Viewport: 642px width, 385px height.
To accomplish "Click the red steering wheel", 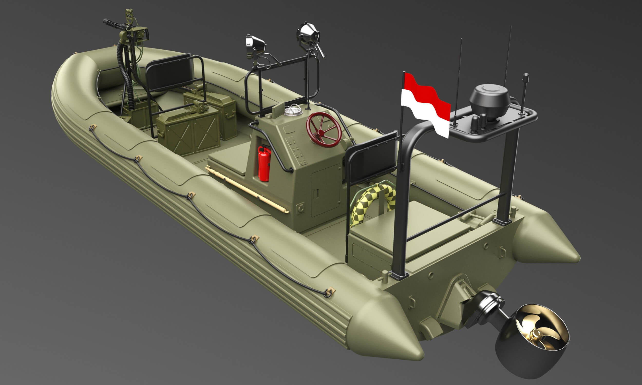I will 324,130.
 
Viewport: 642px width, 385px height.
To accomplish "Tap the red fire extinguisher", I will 264,163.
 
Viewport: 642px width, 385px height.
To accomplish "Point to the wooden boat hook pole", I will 247,189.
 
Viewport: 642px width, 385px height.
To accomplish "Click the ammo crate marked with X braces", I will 188,132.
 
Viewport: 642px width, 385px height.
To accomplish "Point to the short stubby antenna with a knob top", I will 525,93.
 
